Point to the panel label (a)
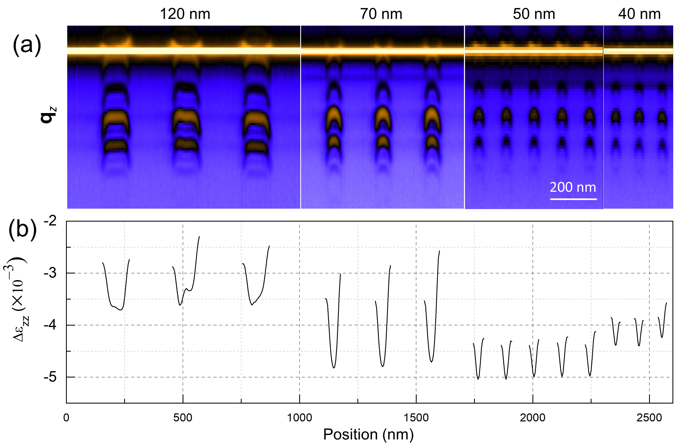(27, 45)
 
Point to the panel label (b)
(23, 230)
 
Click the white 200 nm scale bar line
(573, 199)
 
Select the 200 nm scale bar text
(573, 187)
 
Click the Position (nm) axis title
(368, 434)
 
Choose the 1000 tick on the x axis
(299, 418)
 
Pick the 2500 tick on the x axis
(649, 418)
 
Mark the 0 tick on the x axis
(66, 418)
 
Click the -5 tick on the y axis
(50, 377)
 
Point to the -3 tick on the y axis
(50, 273)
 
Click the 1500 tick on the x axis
(416, 418)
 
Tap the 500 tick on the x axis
(183, 418)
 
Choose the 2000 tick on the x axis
(533, 418)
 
